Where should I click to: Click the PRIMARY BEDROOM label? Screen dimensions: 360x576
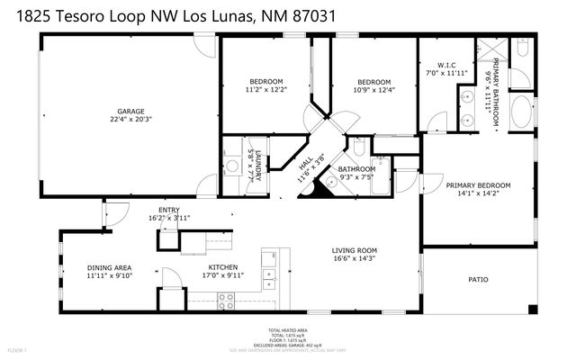(478, 185)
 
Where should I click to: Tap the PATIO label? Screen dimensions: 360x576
(479, 280)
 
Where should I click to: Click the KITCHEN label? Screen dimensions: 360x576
(223, 267)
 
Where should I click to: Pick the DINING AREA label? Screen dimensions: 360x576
(110, 267)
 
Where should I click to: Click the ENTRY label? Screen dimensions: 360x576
(169, 211)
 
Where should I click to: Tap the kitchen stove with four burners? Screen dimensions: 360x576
(226, 304)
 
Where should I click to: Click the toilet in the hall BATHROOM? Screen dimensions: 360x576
(358, 148)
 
